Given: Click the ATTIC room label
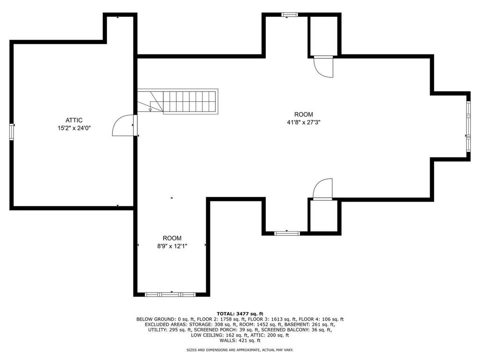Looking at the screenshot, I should click(74, 120).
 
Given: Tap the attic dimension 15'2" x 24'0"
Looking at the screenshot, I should click(74, 127).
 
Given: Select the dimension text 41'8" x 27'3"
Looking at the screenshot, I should click(303, 122).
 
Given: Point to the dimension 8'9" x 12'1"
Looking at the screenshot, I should click(172, 246).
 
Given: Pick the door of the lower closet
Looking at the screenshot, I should click(323, 189).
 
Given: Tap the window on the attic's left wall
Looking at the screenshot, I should click(12, 132).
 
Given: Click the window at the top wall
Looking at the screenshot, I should click(289, 15).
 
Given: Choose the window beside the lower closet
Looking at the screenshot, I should click(287, 232).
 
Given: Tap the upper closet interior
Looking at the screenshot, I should click(324, 35).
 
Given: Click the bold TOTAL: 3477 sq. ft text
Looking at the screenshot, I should click(240, 314).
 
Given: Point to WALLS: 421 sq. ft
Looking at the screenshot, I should click(240, 341).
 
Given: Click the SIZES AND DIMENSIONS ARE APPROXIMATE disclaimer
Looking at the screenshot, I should click(240, 350).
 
